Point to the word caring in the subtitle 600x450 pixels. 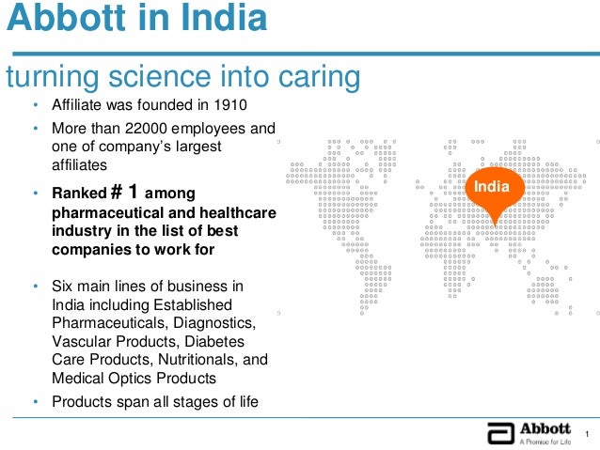[x=317, y=75]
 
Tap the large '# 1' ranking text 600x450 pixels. [x=124, y=192]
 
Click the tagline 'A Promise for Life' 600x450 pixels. [x=545, y=442]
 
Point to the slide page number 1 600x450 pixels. [x=586, y=433]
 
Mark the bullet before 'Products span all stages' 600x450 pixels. [x=35, y=402]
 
